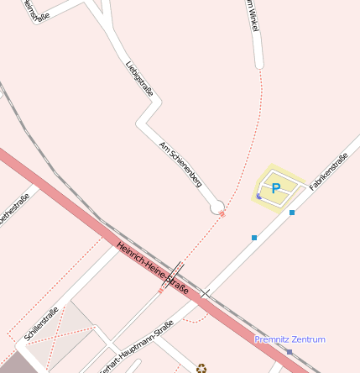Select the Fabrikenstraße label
[x=328, y=171]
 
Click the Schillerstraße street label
[x=41, y=324]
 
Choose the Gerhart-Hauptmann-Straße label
[x=136, y=347]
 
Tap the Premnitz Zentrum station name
[x=290, y=339]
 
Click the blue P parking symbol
[x=275, y=189]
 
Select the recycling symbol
[x=201, y=368]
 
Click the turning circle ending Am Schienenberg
[x=217, y=207]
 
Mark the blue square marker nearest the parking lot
[x=292, y=213]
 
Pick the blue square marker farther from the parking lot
[x=254, y=238]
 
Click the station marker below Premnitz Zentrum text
[x=290, y=351]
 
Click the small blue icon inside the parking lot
[x=258, y=197]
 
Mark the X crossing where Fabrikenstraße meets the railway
[x=205, y=293]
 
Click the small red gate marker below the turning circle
[x=222, y=214]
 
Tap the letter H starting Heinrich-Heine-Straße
[x=119, y=244]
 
